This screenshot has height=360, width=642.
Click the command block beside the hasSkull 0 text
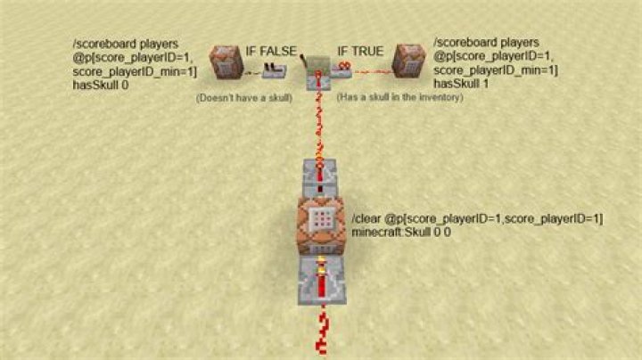(x=226, y=62)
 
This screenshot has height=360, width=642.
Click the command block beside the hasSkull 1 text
(x=408, y=61)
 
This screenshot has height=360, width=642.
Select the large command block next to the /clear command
(x=322, y=225)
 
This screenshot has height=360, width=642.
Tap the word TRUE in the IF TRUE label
(x=366, y=51)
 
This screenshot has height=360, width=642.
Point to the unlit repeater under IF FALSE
(x=274, y=71)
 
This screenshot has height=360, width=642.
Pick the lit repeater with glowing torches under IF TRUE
(x=342, y=70)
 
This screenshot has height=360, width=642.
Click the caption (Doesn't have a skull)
(x=244, y=98)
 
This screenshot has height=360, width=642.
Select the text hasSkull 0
(x=100, y=85)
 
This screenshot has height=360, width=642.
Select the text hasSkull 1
(x=461, y=84)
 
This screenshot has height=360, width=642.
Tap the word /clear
(x=366, y=219)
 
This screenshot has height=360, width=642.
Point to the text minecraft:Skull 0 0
(x=401, y=232)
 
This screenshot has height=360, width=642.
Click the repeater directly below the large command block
(x=322, y=281)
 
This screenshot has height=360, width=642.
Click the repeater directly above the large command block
(x=320, y=178)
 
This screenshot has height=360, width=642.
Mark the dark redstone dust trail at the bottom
(x=323, y=331)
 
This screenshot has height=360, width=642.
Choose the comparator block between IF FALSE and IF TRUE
(x=318, y=72)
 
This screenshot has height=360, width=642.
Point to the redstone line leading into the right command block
(x=374, y=72)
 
